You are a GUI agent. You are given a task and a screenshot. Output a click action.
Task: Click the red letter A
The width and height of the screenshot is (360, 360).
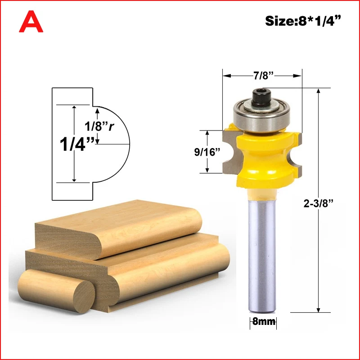(31, 22)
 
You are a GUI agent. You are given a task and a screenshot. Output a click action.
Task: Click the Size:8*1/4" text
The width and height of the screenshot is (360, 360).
(303, 21)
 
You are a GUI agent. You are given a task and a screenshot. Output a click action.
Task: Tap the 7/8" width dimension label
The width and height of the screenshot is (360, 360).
(264, 76)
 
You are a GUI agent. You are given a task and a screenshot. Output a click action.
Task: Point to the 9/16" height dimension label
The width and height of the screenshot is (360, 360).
(207, 152)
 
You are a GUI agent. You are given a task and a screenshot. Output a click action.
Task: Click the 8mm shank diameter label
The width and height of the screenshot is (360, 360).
(263, 321)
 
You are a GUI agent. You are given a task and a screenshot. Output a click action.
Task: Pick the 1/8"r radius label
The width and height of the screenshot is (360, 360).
(99, 126)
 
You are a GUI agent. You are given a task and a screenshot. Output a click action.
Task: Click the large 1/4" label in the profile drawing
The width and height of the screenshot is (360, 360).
(77, 144)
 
